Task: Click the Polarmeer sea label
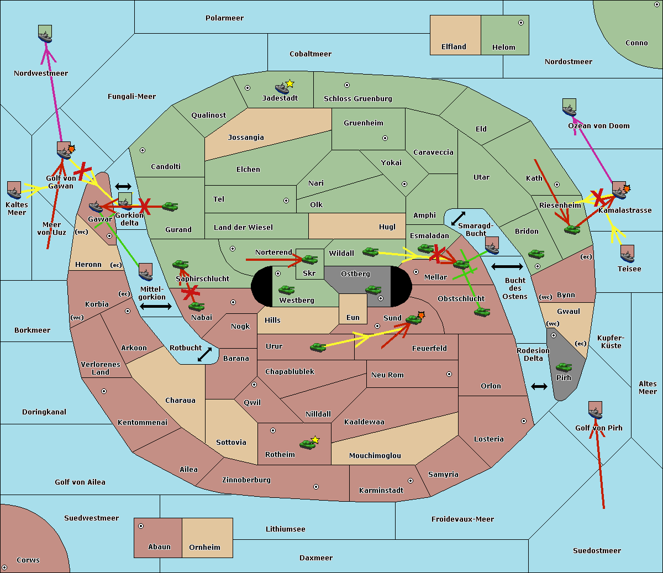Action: click(x=224, y=18)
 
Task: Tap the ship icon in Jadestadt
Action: click(x=282, y=88)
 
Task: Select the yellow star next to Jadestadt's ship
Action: click(x=290, y=83)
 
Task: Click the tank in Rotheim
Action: click(x=307, y=444)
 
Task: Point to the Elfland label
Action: click(x=454, y=47)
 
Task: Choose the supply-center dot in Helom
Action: click(x=520, y=23)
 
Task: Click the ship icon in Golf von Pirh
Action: click(x=595, y=411)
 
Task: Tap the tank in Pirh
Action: click(x=564, y=367)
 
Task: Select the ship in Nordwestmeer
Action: click(x=45, y=34)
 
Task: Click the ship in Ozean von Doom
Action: click(x=569, y=108)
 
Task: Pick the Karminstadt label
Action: click(x=381, y=491)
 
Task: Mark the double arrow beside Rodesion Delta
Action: click(x=539, y=386)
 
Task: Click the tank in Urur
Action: click(x=318, y=347)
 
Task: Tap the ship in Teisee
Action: click(x=627, y=254)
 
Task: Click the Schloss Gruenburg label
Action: click(x=357, y=99)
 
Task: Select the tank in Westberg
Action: click(x=286, y=290)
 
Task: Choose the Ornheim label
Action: click(x=204, y=548)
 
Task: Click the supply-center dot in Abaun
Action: click(x=141, y=526)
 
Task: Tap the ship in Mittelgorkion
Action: click(x=145, y=272)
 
